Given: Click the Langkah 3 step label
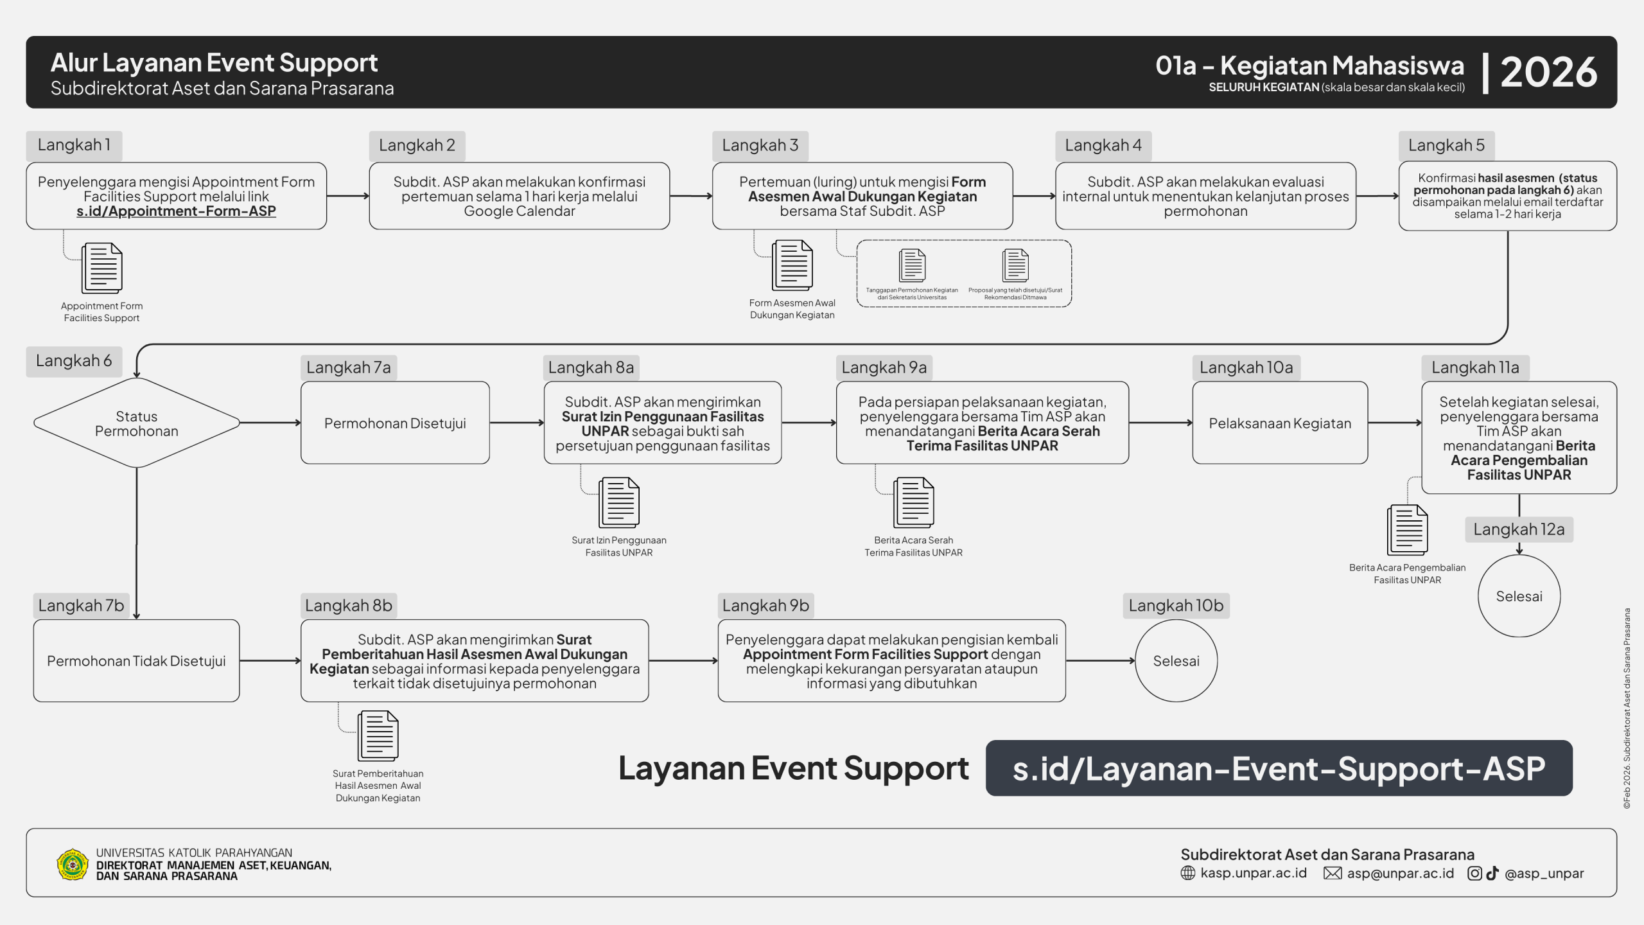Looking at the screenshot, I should coord(760,146).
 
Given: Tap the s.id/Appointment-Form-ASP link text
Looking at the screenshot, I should coord(176,211).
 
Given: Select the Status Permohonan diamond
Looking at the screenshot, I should coord(136,423).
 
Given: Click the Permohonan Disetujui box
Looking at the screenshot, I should coord(395,423).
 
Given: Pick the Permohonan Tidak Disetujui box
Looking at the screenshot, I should coord(136,661).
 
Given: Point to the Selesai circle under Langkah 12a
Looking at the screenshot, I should coord(1519,596).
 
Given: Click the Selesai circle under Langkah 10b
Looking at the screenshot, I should coord(1176,661).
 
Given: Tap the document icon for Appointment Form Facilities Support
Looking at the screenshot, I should coord(102,268).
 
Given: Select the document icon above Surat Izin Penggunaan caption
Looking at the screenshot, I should coord(619,502).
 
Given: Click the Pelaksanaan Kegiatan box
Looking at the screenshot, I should coord(1280,423).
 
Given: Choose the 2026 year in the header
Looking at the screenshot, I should coord(1548,72).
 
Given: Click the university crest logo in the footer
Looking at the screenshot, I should coord(73,865).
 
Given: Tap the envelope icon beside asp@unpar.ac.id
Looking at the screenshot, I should coord(1333,874).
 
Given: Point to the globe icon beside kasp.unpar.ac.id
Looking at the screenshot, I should coord(1188,874).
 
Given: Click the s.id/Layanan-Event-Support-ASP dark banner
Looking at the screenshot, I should coord(1279,768).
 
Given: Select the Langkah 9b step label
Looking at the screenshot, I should coord(765,606).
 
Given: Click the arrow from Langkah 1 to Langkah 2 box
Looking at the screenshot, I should coord(347,196).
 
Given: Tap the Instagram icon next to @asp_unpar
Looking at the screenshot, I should coord(1475,874).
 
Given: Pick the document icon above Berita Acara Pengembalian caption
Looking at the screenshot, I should coord(1407,530).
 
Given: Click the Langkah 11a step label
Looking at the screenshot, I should coord(1475,368).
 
